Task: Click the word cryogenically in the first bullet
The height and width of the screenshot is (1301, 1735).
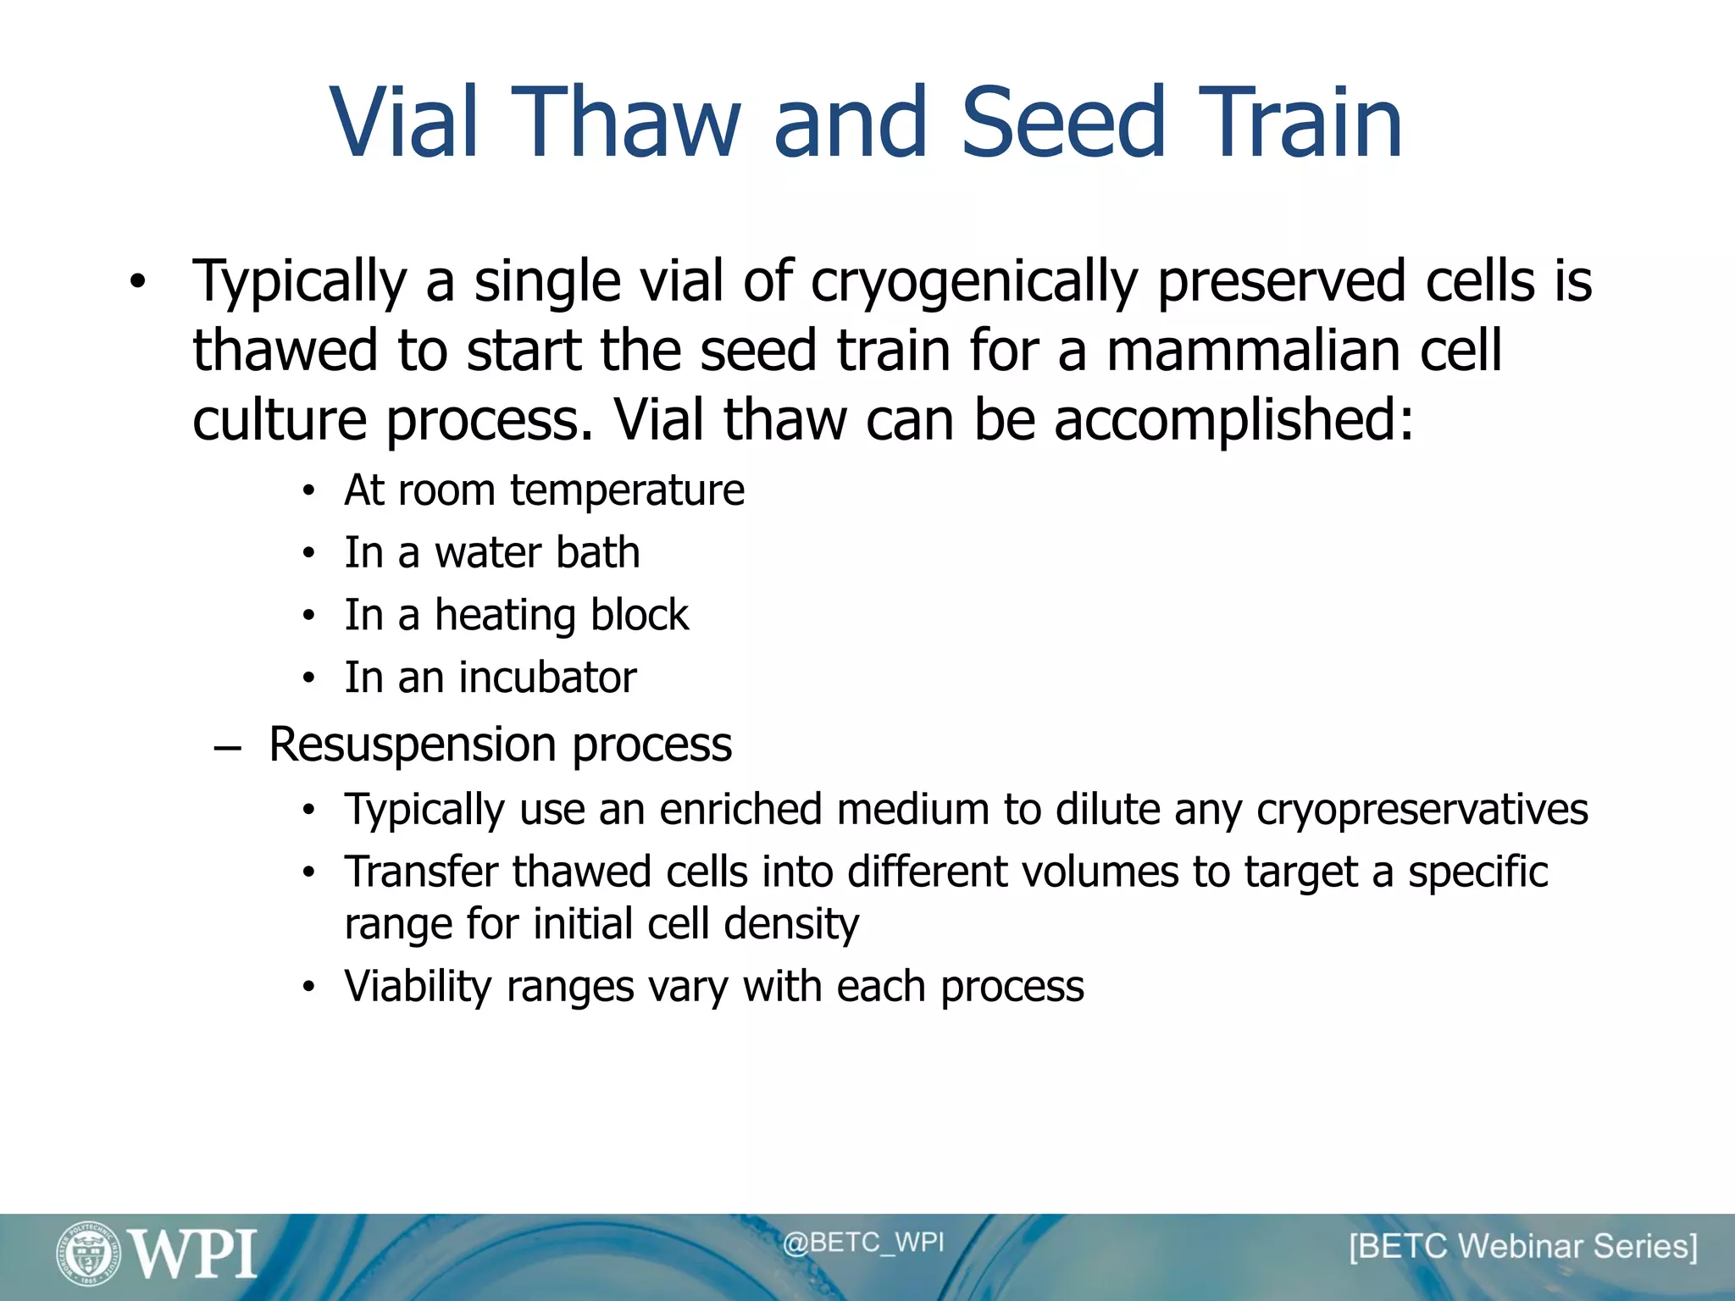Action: click(x=974, y=282)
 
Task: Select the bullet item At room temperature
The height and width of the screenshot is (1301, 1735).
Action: click(x=544, y=490)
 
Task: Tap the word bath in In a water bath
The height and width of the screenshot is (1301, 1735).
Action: click(x=597, y=552)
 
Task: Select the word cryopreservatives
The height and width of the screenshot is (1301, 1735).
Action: click(x=1422, y=810)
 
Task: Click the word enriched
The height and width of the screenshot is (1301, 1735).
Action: click(x=740, y=809)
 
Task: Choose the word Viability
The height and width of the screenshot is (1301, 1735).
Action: click(x=418, y=987)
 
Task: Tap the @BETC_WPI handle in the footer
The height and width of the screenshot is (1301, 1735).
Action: click(x=862, y=1243)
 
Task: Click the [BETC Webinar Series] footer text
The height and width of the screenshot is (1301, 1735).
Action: click(x=1523, y=1247)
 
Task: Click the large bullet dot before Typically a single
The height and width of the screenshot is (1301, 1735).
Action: click(x=138, y=282)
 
